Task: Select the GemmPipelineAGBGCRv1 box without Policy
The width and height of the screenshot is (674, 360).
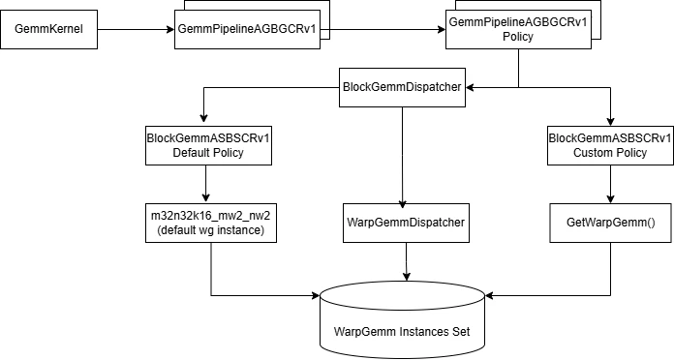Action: [x=247, y=30]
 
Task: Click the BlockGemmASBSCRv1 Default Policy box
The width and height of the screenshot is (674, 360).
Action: [x=207, y=144]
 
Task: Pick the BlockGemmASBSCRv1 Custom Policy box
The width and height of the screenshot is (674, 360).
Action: [x=609, y=144]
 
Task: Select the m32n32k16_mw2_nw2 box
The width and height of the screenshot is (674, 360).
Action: [x=209, y=222]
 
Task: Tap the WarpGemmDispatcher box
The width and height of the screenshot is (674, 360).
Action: [x=406, y=222]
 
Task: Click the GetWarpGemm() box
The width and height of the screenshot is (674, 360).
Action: [x=609, y=222]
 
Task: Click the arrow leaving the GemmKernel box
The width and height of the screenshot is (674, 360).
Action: [x=136, y=30]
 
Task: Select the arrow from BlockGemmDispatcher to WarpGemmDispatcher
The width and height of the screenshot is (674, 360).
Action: [x=403, y=155]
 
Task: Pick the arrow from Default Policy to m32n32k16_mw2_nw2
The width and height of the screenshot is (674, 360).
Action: [x=206, y=183]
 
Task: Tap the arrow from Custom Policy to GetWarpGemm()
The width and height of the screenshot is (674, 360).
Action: [x=609, y=183]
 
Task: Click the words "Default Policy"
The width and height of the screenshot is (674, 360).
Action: [x=207, y=152]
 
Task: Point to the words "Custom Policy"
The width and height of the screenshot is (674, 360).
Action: [x=609, y=152]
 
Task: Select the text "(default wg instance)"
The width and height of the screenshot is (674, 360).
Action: [x=209, y=229]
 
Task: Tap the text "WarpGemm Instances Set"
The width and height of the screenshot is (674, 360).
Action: [x=402, y=331]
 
